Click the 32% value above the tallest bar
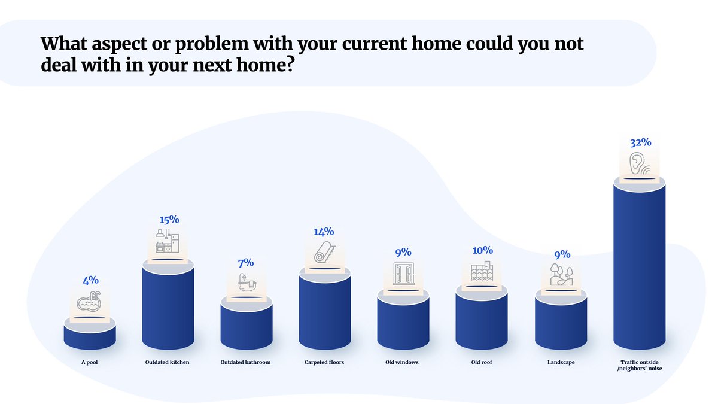pyautogui.click(x=640, y=143)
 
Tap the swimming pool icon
pyautogui.click(x=90, y=303)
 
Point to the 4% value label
pyautogui.click(x=90, y=280)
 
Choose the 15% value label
pyautogui.click(x=168, y=220)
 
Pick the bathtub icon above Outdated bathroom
pyautogui.click(x=246, y=282)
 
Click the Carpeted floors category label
pyautogui.click(x=324, y=362)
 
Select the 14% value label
pyautogui.click(x=324, y=232)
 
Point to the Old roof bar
pyautogui.click(x=482, y=320)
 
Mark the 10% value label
pyautogui.click(x=482, y=250)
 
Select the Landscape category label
pyautogui.click(x=561, y=362)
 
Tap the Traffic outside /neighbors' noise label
pyautogui.click(x=640, y=365)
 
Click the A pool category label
pyautogui.click(x=90, y=362)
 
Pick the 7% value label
pyautogui.click(x=246, y=262)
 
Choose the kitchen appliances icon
pyautogui.click(x=168, y=241)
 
